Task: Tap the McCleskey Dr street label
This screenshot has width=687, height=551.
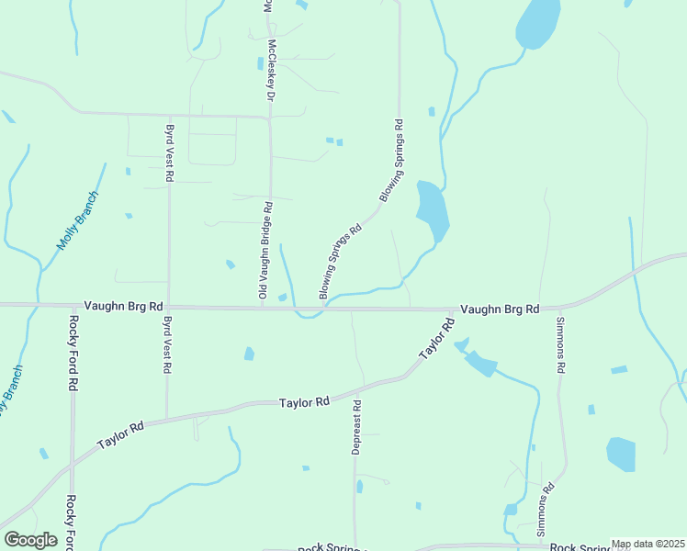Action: [272, 70]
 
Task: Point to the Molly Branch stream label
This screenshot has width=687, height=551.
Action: [76, 220]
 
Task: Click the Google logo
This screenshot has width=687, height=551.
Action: [30, 540]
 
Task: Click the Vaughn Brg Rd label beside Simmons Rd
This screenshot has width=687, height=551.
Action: [500, 309]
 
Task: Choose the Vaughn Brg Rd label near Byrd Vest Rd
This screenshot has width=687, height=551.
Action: [123, 306]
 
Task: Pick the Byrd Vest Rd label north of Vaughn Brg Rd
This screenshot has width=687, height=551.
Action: [170, 152]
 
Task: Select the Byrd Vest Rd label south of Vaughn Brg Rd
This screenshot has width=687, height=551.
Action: [167, 344]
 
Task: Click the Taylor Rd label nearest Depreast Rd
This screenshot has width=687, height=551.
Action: [304, 402]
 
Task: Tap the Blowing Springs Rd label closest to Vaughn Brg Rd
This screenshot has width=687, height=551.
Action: [339, 264]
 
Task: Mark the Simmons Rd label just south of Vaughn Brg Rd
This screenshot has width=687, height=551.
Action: [559, 344]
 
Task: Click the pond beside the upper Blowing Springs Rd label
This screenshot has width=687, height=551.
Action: [432, 210]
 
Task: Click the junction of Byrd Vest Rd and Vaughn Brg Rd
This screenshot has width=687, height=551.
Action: [168, 307]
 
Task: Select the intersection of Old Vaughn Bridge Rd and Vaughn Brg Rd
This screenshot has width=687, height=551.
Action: [263, 308]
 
